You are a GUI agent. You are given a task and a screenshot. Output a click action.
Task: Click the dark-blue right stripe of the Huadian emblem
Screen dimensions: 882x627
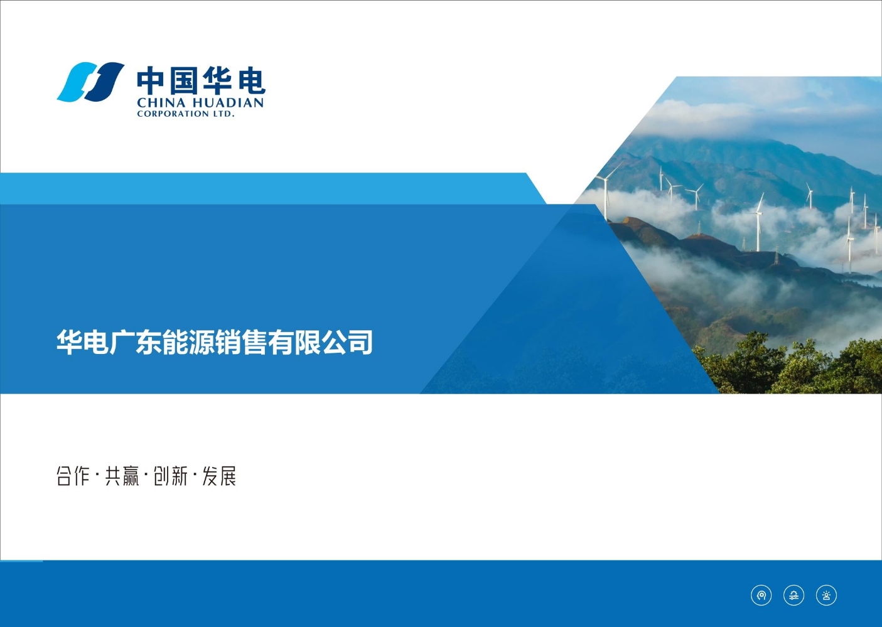[104, 82]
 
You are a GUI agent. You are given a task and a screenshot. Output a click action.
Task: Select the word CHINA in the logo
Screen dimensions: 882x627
[161, 103]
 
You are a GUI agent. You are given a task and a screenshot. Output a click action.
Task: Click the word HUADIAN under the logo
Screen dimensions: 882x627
[228, 103]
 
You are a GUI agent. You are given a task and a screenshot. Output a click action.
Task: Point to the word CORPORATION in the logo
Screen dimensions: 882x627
[173, 114]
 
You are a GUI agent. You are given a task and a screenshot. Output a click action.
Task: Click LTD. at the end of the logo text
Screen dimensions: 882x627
[223, 114]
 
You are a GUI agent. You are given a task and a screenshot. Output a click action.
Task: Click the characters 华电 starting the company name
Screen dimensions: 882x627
[82, 342]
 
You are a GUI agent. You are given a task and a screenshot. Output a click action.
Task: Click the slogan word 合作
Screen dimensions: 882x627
[73, 476]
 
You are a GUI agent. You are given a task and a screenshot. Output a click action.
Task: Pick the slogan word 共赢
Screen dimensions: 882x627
[122, 476]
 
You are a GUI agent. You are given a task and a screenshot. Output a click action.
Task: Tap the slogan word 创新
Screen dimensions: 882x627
[171, 476]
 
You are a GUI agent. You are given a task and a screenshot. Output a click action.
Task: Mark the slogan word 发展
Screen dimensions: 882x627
[219, 476]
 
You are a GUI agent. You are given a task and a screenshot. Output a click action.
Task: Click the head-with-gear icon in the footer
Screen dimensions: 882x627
[761, 595]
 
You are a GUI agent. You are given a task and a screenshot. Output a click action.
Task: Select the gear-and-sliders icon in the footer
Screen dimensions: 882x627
[793, 595]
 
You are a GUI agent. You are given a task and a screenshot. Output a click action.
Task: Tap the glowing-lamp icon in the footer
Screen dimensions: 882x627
[827, 595]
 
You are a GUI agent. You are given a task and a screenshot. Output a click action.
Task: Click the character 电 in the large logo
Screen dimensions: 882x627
[252, 81]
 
